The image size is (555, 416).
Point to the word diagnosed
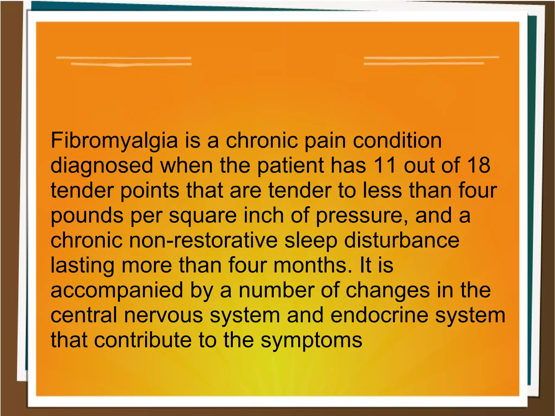pos(102,166)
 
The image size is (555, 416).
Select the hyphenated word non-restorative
pos(203,240)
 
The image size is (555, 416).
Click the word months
pos(310,265)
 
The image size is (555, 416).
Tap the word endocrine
pos(379,315)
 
